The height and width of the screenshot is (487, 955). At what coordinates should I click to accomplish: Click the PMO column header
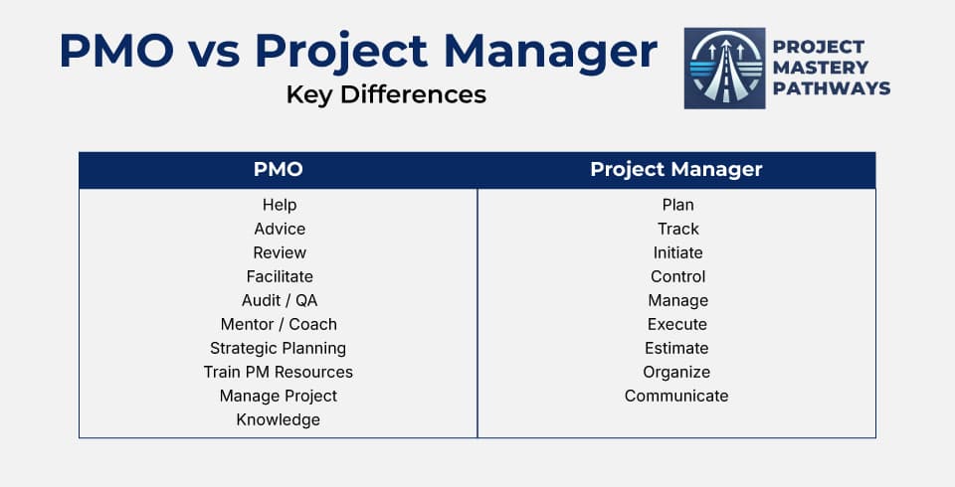(279, 170)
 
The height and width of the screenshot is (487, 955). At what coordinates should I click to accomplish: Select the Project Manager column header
(676, 170)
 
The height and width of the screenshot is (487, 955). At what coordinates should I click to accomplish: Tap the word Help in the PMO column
(280, 205)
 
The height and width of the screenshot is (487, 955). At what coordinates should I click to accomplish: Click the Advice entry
(280, 229)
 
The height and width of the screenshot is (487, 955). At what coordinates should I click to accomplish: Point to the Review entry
(280, 252)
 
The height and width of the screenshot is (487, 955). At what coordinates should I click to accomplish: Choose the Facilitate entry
(280, 276)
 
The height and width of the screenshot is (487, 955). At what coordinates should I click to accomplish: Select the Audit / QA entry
(280, 300)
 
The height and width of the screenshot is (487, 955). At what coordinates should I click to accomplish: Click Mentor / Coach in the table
(279, 324)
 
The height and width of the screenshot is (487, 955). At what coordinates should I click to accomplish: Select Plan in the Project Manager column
(677, 205)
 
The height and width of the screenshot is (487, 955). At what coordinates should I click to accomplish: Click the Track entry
(677, 229)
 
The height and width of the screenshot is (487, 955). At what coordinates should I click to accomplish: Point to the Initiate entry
(677, 252)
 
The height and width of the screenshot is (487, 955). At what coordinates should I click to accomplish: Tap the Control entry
(677, 276)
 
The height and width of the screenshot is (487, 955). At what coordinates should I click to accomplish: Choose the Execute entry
(677, 324)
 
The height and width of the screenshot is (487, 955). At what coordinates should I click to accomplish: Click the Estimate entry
(676, 348)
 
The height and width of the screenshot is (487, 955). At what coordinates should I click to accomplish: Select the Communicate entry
(676, 396)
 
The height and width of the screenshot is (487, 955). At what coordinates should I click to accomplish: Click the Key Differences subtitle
(386, 95)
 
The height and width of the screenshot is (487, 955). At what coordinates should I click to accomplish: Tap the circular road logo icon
(724, 68)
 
